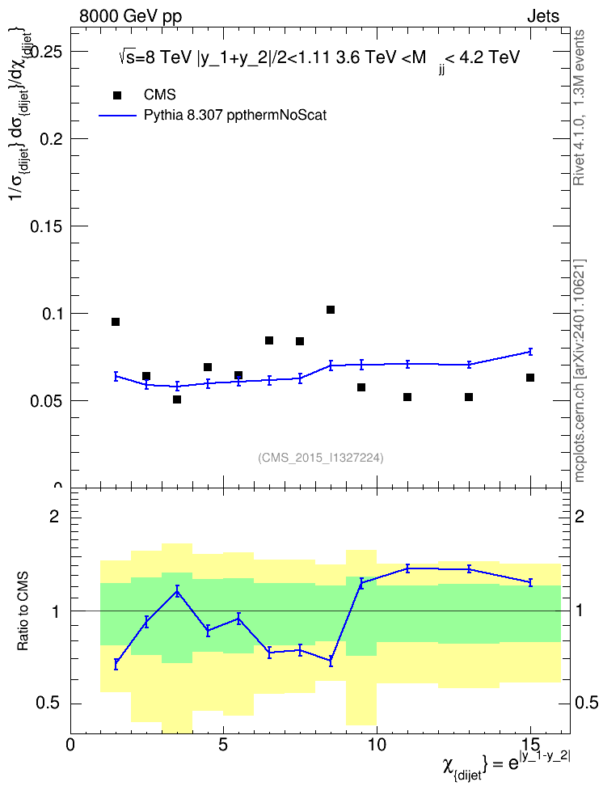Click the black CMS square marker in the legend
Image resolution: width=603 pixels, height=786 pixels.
point(117,95)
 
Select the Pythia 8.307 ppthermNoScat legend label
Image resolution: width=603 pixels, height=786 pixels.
point(235,116)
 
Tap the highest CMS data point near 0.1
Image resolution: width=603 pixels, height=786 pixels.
point(331,310)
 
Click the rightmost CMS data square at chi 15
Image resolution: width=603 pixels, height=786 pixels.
point(529,378)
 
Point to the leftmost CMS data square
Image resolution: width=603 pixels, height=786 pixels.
point(116,322)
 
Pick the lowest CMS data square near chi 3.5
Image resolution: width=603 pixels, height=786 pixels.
point(176,399)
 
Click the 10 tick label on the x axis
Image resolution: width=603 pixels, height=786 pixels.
point(377,745)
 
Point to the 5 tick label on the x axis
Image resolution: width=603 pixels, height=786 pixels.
point(223,745)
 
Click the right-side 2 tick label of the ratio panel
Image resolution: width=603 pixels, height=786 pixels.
point(580,516)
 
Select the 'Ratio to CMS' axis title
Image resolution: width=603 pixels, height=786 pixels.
point(23,611)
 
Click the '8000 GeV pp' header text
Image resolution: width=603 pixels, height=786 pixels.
point(130,16)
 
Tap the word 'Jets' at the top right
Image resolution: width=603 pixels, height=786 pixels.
point(543,16)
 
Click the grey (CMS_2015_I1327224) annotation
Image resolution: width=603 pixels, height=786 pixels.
point(321,458)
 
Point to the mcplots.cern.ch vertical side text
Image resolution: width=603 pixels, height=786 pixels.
point(580,370)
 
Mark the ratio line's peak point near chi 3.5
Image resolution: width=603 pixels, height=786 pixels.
point(177,591)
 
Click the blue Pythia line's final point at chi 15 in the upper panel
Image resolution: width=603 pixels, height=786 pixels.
point(529,352)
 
